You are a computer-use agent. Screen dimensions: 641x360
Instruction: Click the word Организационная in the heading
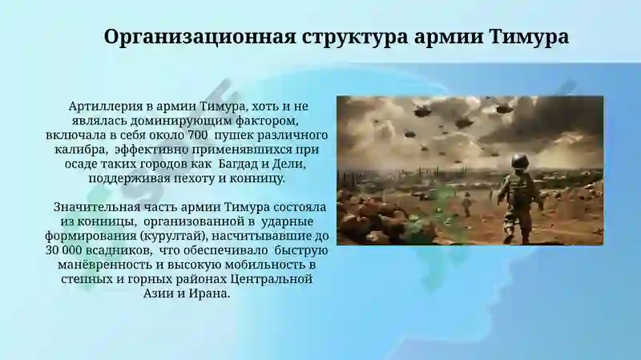(x=200, y=37)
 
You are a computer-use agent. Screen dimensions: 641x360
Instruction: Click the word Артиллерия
(x=106, y=107)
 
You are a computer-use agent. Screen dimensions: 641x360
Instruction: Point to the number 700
(x=197, y=135)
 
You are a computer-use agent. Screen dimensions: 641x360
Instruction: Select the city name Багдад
(x=237, y=164)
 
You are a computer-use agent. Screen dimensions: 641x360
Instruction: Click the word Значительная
(x=97, y=207)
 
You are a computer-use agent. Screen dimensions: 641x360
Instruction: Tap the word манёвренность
(x=105, y=265)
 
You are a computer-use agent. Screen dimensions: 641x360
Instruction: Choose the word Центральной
(x=272, y=279)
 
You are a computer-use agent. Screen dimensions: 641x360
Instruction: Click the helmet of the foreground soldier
(x=521, y=162)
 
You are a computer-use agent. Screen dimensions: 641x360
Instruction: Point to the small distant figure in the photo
(x=467, y=204)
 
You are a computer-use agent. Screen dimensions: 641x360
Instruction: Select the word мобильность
(x=259, y=265)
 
